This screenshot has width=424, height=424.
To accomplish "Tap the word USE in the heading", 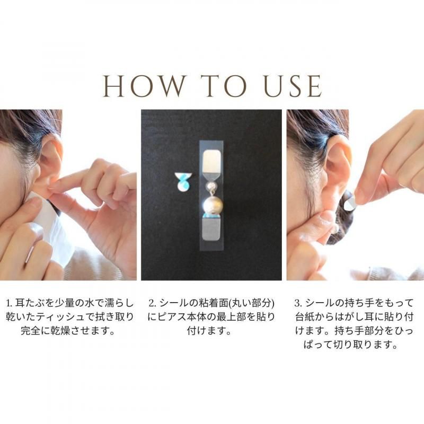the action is [293, 86].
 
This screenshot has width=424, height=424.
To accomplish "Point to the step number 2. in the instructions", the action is [152, 303].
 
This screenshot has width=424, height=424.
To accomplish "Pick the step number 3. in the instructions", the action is [298, 303].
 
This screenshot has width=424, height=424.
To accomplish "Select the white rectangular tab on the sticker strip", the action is [213, 162].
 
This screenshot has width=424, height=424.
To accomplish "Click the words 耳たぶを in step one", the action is [35, 303].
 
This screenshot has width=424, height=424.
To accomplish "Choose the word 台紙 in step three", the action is [304, 317].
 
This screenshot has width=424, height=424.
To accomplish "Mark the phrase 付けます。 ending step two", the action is [209, 331].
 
